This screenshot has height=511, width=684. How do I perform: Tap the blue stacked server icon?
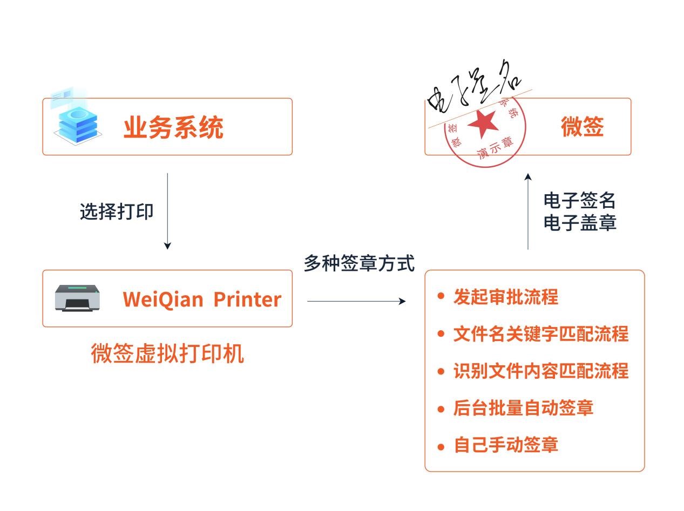[x=78, y=124]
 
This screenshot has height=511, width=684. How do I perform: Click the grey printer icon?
[x=78, y=298]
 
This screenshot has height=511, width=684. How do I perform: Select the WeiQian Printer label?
[x=202, y=299]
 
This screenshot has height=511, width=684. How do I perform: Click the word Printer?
[x=247, y=299]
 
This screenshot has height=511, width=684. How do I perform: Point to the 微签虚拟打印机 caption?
[x=167, y=353]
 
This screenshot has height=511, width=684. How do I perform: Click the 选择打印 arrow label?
[x=117, y=212]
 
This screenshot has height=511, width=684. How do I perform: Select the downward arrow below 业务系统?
[x=167, y=211]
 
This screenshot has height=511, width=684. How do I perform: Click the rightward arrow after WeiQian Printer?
[x=356, y=301]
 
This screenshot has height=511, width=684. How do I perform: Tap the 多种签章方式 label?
[x=359, y=263]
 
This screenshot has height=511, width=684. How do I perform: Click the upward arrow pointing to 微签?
[x=527, y=212]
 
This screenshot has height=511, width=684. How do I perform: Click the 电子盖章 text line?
[x=580, y=222]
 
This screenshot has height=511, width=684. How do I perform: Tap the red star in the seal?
[x=483, y=124]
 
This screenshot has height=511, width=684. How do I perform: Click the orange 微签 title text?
[x=582, y=126]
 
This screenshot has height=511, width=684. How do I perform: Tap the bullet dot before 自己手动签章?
[x=441, y=447]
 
